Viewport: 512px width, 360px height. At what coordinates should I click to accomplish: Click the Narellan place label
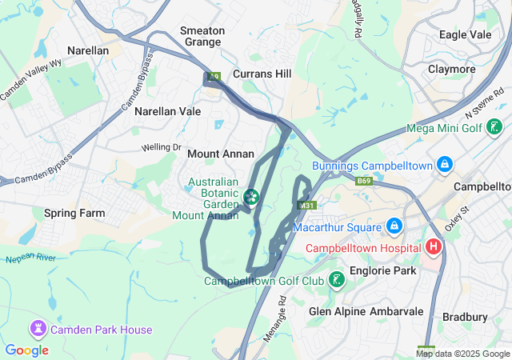point(88,50)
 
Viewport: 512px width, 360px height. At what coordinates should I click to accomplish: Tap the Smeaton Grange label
point(202,36)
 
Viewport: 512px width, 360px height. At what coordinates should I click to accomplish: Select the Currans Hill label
point(262,74)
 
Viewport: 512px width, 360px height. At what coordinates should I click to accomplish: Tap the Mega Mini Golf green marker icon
point(495,126)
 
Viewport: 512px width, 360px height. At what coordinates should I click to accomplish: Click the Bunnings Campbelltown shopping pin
point(445,166)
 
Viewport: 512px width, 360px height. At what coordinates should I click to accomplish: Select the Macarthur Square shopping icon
point(393,227)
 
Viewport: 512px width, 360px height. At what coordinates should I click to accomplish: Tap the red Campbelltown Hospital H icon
point(434,246)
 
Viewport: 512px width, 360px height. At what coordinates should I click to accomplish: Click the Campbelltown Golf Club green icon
point(338,280)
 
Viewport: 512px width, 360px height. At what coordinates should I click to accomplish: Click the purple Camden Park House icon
point(37,329)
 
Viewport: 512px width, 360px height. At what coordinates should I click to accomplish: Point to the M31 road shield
point(306,206)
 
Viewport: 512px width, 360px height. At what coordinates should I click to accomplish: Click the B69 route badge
point(365,182)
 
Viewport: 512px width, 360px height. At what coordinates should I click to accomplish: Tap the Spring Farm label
point(74,214)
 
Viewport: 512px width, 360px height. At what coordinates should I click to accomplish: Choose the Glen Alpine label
point(337,311)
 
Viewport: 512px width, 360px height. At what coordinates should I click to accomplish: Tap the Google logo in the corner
point(26,350)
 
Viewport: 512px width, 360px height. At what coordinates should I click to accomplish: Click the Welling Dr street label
point(162,147)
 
